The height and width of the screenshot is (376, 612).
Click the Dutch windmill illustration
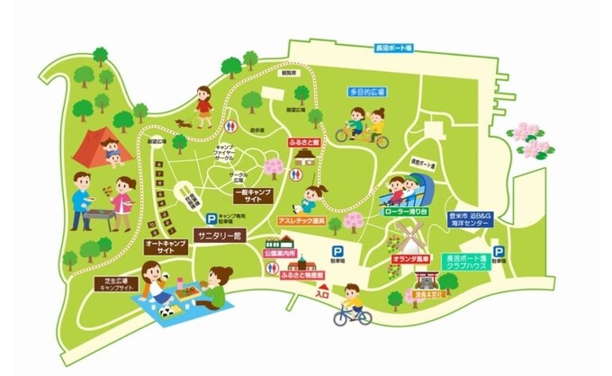(405, 237)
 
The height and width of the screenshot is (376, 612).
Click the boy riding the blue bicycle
(352, 305)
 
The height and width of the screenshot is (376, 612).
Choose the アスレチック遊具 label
(301, 220)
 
